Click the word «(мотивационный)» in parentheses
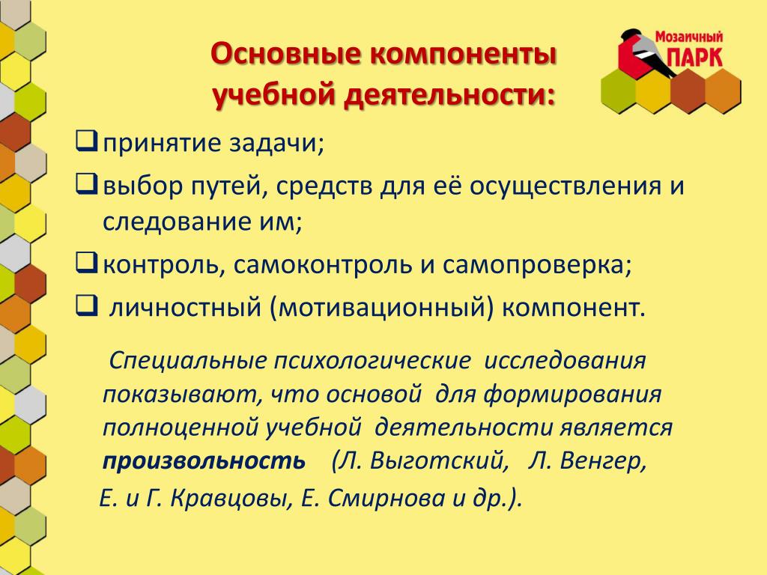(x=381, y=308)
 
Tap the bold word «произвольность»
(x=204, y=461)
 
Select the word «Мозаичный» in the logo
(x=689, y=36)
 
